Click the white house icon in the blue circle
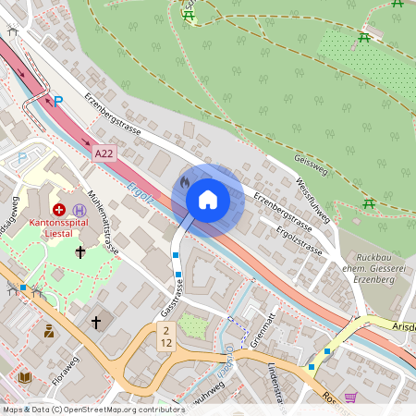pyautogui.click(x=208, y=199)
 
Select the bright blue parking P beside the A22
pyautogui.click(x=57, y=102)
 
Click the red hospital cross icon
pyautogui.click(x=59, y=210)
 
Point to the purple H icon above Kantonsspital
pyautogui.click(x=80, y=210)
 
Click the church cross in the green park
pyautogui.click(x=80, y=251)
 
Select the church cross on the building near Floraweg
pyautogui.click(x=96, y=322)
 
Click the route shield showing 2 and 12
pyautogui.click(x=165, y=336)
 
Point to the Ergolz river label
pyautogui.click(x=141, y=193)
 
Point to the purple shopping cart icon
pyautogui.click(x=350, y=397)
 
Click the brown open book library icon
pyautogui.click(x=25, y=377)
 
